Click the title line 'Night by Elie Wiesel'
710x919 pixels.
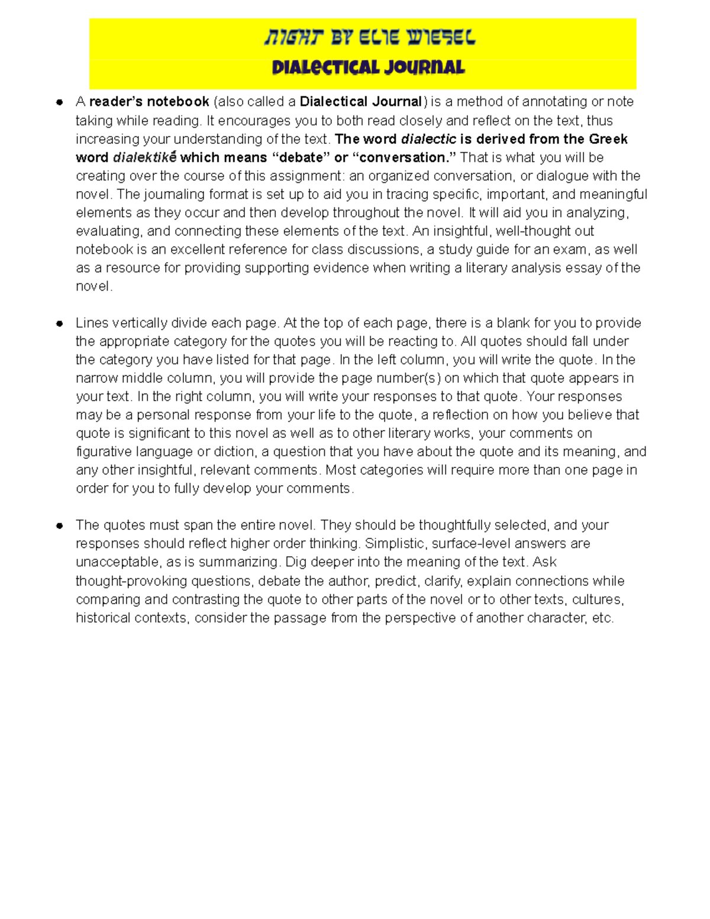[369, 39]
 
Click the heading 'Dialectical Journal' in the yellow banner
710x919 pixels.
[368, 67]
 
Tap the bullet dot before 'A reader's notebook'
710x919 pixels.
[59, 102]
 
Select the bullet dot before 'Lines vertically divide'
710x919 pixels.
[59, 324]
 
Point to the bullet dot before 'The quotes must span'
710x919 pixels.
[59, 526]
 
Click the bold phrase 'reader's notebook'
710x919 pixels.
[149, 102]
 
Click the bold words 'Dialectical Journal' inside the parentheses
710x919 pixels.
[361, 102]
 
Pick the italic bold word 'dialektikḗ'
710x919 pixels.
[144, 157]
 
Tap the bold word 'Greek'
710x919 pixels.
[608, 139]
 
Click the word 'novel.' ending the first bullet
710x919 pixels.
[93, 286]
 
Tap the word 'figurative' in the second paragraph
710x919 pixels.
[104, 452]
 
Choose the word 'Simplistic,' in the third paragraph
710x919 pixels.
[396, 543]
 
